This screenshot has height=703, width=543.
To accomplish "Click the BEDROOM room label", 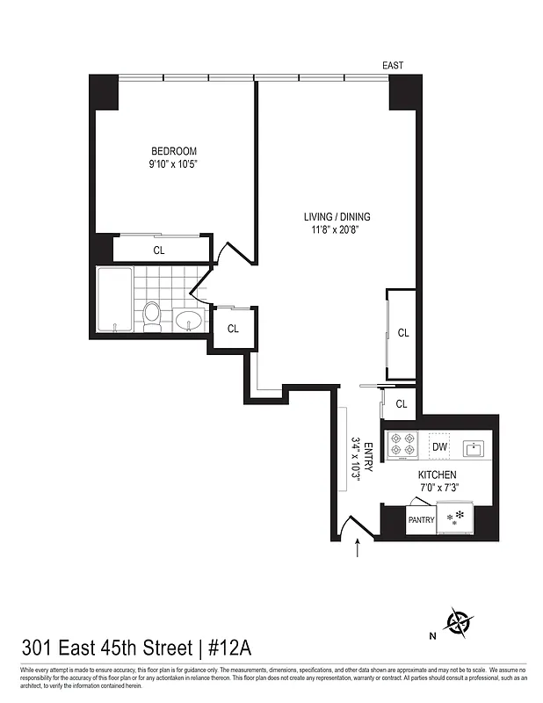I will pos(173,150).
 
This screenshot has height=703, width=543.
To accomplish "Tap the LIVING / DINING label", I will pos(337,217).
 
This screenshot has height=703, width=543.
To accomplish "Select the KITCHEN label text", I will pos(437,475).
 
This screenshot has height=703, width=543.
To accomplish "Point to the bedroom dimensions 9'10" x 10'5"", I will pos(173,163).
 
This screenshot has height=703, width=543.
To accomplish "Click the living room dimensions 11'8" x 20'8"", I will pos(337,231).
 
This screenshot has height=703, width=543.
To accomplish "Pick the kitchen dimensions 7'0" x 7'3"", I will pos(437,488).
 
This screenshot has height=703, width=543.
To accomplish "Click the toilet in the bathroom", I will pos(153,316).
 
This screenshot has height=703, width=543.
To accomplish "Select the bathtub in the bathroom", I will pos(114,301).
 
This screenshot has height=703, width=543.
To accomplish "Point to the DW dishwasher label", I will pos(439,447).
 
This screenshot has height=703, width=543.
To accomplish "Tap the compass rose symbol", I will pos(458,622).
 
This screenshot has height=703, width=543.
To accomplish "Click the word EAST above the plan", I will pos(392,66).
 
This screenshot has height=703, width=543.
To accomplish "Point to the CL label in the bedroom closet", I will pos(159,250).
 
